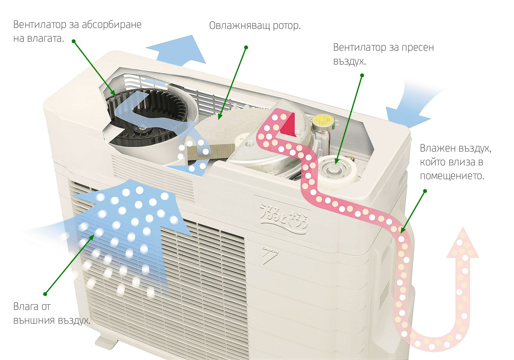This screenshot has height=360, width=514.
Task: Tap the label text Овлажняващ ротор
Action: (x=255, y=26)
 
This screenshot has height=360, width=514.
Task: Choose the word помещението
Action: (x=452, y=176)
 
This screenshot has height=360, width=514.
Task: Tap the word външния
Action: (x=31, y=320)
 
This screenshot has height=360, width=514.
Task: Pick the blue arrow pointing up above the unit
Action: (x=178, y=50)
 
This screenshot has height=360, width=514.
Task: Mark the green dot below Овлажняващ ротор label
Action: (x=246, y=48)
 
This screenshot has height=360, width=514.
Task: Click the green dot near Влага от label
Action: (x=45, y=294)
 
